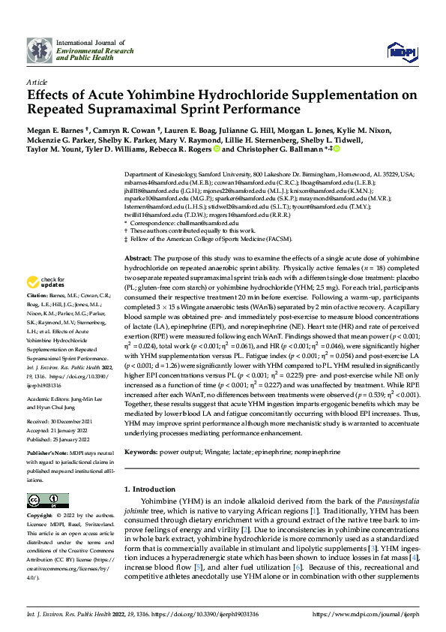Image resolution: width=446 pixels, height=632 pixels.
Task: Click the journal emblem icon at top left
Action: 40,49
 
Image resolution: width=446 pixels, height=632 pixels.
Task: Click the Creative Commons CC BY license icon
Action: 43,501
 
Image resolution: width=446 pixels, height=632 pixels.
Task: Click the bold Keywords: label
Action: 143,453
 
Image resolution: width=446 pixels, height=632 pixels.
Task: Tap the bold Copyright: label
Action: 41,516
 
